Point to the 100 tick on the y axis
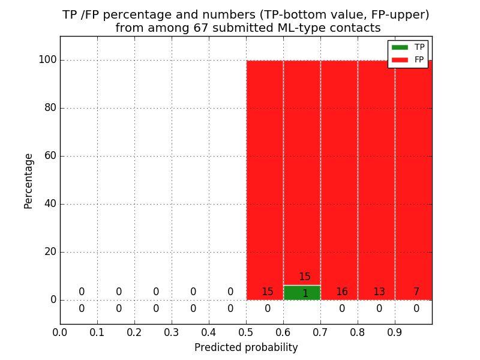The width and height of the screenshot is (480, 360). coord(47,60)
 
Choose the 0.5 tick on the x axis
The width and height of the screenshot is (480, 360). coord(246,332)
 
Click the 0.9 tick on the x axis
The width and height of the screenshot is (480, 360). coord(395,332)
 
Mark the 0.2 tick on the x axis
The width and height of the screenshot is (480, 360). coord(134,332)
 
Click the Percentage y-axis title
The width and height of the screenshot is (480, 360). coord(28,181)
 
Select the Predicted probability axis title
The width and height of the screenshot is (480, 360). coord(246,347)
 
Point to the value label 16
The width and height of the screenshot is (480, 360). coord(342,292)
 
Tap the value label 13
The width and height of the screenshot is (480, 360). coord(379,292)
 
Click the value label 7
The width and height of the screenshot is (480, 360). coord(416,292)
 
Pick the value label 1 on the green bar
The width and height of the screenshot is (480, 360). coord(305,294)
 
